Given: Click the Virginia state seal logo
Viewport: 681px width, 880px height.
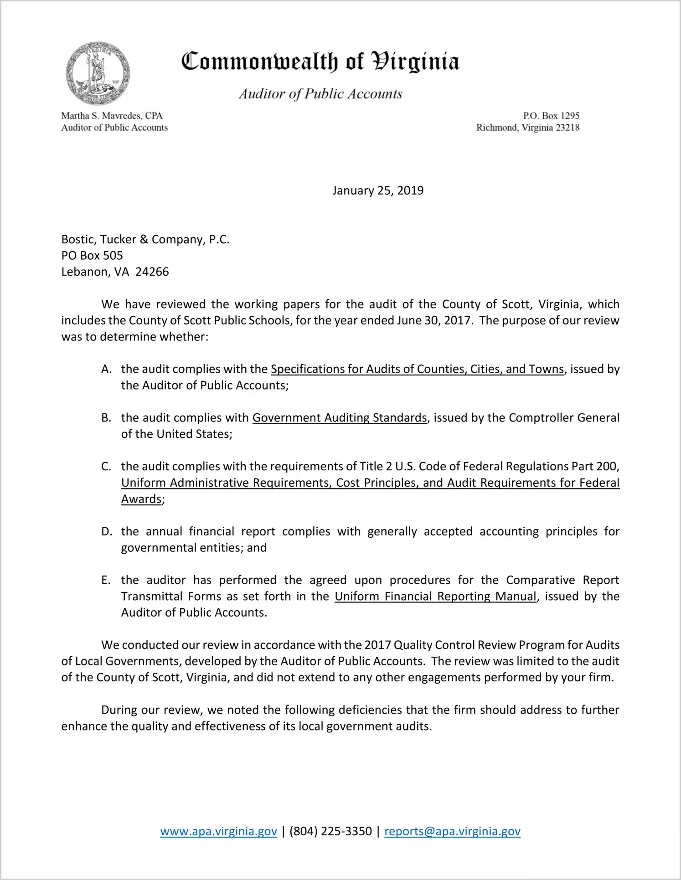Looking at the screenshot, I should (x=98, y=73).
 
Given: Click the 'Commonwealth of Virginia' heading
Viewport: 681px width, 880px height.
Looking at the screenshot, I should (x=320, y=62).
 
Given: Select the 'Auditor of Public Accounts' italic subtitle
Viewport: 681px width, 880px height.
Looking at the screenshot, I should (x=320, y=94).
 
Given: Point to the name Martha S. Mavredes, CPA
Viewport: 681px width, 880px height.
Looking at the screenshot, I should (x=112, y=116).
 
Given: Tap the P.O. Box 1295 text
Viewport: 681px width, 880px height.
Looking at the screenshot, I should (x=551, y=116).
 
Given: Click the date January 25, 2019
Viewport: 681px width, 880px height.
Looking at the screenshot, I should (x=378, y=190).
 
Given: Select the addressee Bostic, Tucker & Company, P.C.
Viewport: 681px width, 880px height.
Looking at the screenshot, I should (x=145, y=239).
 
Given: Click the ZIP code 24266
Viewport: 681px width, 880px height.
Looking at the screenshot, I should (x=152, y=272).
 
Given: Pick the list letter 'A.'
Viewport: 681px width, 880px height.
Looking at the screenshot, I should (x=107, y=369).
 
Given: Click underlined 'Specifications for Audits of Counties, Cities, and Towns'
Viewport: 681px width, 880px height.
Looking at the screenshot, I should (x=417, y=369).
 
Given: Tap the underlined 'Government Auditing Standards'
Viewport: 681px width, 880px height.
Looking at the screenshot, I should (x=340, y=418).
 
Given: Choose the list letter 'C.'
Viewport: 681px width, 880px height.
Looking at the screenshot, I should (x=106, y=467).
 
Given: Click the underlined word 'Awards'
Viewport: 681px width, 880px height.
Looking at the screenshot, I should (x=141, y=499).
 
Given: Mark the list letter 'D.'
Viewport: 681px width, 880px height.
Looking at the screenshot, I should (x=107, y=532).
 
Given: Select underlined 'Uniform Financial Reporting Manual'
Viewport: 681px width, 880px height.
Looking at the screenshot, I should (x=435, y=597).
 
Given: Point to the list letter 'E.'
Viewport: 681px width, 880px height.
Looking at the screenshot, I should (x=106, y=580).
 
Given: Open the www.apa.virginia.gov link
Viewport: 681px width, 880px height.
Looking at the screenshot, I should (x=218, y=831).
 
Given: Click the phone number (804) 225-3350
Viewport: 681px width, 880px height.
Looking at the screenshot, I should (x=330, y=831).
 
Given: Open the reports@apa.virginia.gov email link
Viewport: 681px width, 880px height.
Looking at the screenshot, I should (x=452, y=831).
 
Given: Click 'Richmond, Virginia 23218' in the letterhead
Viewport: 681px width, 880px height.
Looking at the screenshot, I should (x=528, y=128).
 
